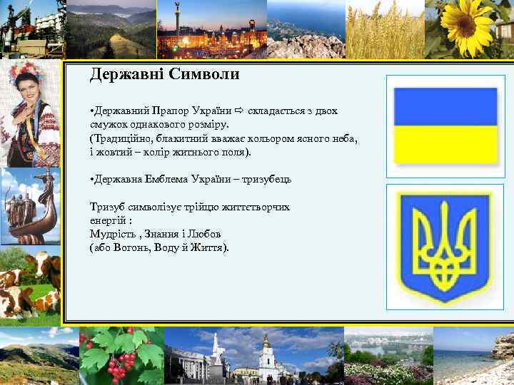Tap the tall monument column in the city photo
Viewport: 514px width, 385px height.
(178, 21)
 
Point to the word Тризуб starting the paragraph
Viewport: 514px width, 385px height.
(107, 207)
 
